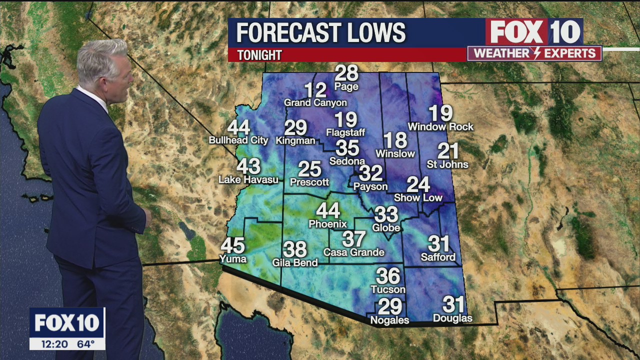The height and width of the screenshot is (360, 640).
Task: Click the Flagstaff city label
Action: click(345, 132)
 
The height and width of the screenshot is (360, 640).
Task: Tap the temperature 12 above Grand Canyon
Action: click(315, 90)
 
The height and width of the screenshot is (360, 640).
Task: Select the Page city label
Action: click(346, 86)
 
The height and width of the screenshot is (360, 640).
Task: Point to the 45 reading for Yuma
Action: click(232, 246)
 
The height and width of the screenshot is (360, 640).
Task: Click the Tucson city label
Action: click(388, 289)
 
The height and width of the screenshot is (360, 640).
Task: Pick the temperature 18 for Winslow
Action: click(395, 140)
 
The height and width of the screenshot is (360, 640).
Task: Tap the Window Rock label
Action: click(440, 127)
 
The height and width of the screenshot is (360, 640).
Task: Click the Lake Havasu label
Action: click(248, 179)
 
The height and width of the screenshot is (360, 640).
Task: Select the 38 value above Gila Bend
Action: click(294, 249)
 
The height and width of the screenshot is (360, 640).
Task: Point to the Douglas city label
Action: click(452, 318)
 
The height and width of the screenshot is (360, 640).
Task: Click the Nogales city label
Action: click(389, 320)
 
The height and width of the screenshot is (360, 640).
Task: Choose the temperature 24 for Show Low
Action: click(418, 184)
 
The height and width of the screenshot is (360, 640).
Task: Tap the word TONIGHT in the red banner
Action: click(259, 55)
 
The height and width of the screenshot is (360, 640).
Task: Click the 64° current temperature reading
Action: click(85, 344)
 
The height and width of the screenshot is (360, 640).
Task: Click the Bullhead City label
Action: click(238, 140)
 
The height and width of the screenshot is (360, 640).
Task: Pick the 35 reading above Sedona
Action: click(347, 148)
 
